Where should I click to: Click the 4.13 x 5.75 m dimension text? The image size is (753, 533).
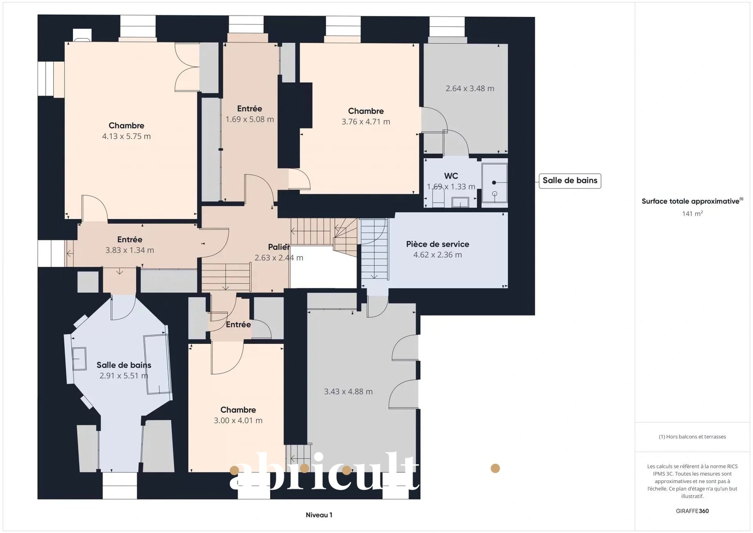pos(127,136)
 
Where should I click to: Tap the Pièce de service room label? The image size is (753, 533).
pos(437,244)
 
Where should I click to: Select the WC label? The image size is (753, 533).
pos(451,176)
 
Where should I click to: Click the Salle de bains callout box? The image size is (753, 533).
pos(570,181)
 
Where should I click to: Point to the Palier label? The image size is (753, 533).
pos(279,247)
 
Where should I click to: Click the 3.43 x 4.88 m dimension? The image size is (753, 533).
pos(348,391)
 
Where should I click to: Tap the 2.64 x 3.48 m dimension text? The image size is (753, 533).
pos(470,89)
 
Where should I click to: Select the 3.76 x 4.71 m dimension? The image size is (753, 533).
pos(366,121)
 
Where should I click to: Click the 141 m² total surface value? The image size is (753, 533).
pos(692,214)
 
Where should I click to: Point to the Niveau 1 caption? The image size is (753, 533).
pos(319,515)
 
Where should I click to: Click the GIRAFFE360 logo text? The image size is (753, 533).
pos(692,511)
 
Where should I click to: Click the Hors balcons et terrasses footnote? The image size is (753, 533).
pos(692,436)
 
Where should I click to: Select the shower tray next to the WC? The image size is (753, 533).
pos(495,183)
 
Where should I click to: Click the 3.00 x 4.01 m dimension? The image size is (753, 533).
pos(238,420)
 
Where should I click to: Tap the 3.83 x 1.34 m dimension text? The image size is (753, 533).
pos(130,250)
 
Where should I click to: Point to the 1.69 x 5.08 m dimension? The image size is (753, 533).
pos(249,119)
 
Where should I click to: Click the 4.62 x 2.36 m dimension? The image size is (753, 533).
pos(437,255)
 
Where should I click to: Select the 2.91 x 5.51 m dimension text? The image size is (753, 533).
pos(124,375)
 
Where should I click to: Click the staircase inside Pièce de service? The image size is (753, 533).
pos(374,249)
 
